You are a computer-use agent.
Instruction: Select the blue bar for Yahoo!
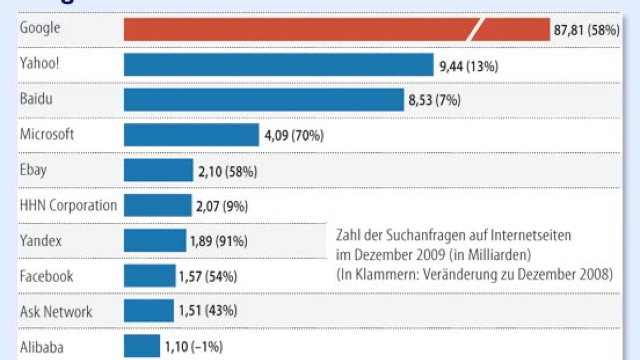pos(278,64)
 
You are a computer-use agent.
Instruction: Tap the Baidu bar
pos(263,100)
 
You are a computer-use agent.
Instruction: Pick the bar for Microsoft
pos(191,135)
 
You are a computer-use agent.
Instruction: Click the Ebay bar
pos(158,170)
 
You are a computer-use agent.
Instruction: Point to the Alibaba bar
pos(142,346)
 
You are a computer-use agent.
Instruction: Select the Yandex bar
pos(155,240)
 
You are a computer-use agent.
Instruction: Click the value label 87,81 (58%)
pos(586,30)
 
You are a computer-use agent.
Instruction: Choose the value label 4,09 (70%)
pos(294,136)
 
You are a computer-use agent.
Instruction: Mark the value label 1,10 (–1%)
pos(194,347)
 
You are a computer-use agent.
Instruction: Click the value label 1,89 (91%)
pos(219,241)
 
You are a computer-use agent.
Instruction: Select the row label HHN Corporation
pos(68,205)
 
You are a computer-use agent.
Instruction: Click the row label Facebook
pos(46,276)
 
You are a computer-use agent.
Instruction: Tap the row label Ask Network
pos(56,312)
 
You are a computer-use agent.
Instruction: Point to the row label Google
pos(40,28)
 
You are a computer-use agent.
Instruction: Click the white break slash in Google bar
pos(475,29)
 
